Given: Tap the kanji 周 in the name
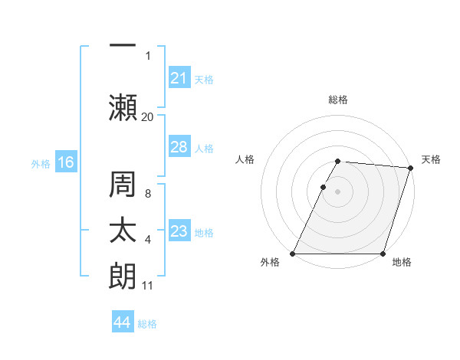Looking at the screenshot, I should click(123, 185).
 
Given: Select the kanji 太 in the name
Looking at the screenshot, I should click(123, 231).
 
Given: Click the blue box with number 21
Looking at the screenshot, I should click(179, 78).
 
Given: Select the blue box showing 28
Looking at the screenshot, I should click(179, 147).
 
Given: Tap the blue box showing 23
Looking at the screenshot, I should click(179, 231).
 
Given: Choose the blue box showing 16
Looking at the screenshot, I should click(65, 162).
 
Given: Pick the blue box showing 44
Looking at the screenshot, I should click(122, 322).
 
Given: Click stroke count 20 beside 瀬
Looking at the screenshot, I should click(147, 116).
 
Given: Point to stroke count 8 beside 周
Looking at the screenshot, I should click(147, 194).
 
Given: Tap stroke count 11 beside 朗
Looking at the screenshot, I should click(147, 286).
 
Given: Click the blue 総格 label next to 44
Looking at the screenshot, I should click(147, 324).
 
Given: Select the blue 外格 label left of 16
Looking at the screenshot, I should click(41, 164).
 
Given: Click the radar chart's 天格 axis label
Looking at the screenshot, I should click(431, 159).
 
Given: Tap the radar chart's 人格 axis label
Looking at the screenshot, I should click(245, 159).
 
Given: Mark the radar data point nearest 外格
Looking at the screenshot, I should click(293, 254).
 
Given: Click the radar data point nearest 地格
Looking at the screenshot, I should click(383, 254).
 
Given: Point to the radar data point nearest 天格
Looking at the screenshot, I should click(410, 168).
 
